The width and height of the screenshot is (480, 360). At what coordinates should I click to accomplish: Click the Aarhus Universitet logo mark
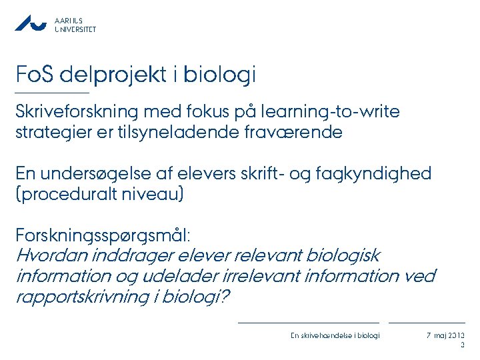pos(31,23)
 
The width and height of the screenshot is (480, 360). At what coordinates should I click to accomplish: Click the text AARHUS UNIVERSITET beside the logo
pos(75,25)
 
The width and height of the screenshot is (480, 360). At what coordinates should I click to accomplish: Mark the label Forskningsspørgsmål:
pos(103,236)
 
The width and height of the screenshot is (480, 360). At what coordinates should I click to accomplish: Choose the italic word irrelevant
pos(233,276)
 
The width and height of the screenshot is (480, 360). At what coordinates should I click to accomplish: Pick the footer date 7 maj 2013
pos(446,335)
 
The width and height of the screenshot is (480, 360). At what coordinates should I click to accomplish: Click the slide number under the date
pos(463,345)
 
